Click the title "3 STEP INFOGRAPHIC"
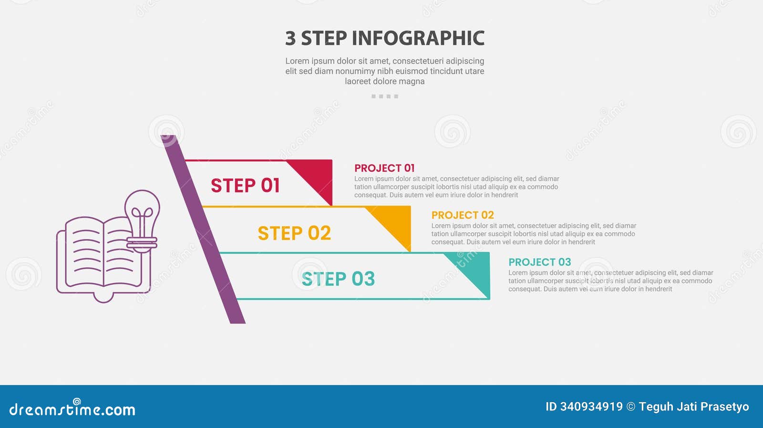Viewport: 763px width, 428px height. (x=385, y=38)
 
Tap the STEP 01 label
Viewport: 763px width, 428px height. (x=245, y=185)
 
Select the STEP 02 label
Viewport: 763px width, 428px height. (x=294, y=233)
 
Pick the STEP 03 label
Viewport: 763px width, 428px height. (x=338, y=279)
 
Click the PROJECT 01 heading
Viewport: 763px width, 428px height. (x=384, y=168)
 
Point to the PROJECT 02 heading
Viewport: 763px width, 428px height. (x=463, y=215)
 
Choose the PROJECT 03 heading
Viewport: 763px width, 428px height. (x=539, y=262)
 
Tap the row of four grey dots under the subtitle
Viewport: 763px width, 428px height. (x=385, y=96)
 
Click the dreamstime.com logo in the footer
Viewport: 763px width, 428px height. (x=72, y=408)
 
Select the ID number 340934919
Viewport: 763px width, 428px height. (x=591, y=407)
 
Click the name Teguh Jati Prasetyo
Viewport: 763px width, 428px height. (x=694, y=407)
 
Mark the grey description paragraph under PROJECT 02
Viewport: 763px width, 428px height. (x=534, y=234)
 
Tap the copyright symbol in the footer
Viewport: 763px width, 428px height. (x=631, y=407)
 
